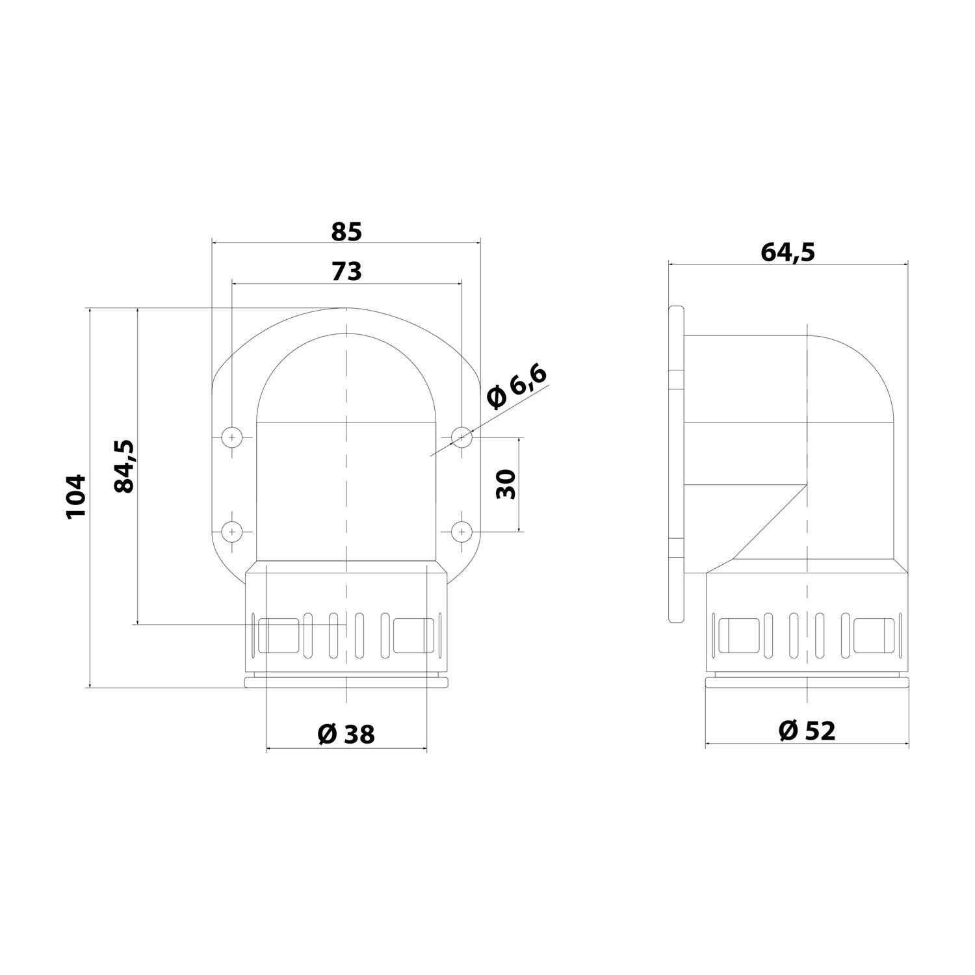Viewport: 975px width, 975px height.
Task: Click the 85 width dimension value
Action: [x=346, y=231]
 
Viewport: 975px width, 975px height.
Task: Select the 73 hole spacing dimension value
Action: [x=346, y=272]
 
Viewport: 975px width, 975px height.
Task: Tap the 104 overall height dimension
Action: [x=76, y=496]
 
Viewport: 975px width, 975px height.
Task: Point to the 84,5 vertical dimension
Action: [x=123, y=466]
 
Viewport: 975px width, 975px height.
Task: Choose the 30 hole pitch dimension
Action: [x=506, y=484]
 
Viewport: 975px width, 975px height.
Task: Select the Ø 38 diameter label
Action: [x=346, y=734]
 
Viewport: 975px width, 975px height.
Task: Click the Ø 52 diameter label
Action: [x=807, y=731]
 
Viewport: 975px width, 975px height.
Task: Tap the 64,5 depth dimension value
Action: [x=787, y=252]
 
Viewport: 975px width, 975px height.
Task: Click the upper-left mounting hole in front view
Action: [x=231, y=437]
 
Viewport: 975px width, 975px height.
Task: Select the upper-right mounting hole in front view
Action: [x=461, y=437]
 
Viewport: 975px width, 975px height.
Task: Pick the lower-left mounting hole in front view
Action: [x=231, y=532]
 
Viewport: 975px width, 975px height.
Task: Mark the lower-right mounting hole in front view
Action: [x=461, y=532]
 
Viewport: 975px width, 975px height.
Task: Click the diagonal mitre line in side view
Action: [x=770, y=521]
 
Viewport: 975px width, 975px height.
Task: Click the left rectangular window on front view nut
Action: [x=279, y=635]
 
